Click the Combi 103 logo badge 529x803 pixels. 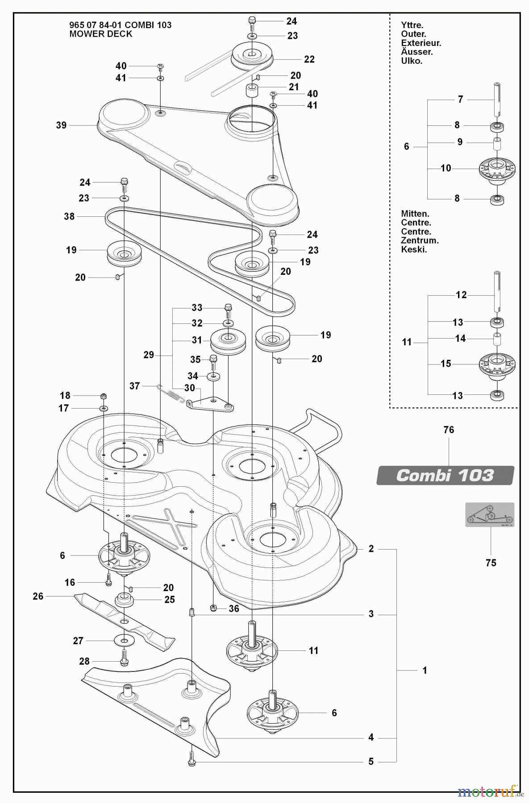click(x=445, y=476)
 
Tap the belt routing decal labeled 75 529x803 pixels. click(x=490, y=515)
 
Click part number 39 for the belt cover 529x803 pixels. click(x=61, y=125)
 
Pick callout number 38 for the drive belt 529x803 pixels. click(x=69, y=217)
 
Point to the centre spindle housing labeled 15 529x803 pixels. click(x=497, y=364)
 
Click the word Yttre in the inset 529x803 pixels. click(x=412, y=25)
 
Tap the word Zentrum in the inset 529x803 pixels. click(x=420, y=240)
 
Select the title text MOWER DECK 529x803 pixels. click(x=101, y=34)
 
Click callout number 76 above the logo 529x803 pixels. click(x=449, y=430)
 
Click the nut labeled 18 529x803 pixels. click(x=104, y=396)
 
